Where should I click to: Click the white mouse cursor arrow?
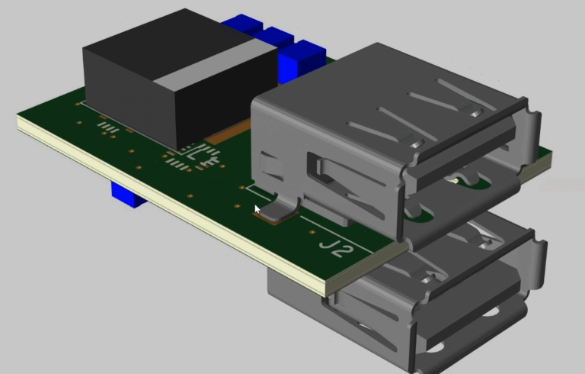point(257,210)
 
